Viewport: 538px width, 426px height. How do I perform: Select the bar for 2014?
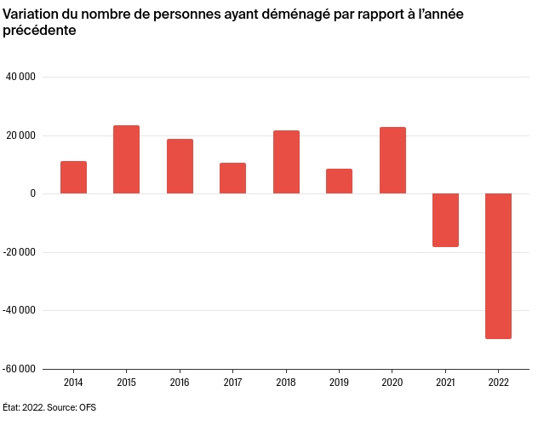tap(73, 177)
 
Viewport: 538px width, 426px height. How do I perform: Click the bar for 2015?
tap(127, 159)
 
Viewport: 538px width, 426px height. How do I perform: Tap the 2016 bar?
tap(180, 166)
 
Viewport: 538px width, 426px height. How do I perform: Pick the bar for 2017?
tap(232, 178)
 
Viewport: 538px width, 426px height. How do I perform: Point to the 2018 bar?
tap(286, 162)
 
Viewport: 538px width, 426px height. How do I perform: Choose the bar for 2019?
tap(339, 181)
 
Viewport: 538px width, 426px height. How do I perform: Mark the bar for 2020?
tap(392, 160)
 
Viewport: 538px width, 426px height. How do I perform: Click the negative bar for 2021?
tap(445, 220)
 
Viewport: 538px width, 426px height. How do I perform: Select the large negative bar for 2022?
tap(499, 266)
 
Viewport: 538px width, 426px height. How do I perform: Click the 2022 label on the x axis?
tap(499, 383)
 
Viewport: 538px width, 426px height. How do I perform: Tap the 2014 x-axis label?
tap(73, 383)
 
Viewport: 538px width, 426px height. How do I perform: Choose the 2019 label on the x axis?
tap(339, 383)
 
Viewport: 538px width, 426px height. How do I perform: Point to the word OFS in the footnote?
tap(88, 407)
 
